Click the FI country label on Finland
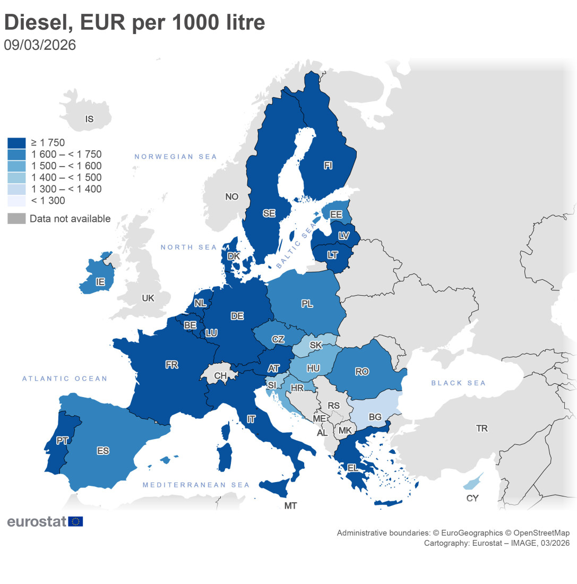click(328, 166)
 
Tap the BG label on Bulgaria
click(375, 417)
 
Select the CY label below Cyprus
click(472, 498)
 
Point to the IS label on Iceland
click(89, 119)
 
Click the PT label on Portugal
click(62, 441)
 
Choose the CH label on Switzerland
click(220, 376)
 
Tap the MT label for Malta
click(290, 505)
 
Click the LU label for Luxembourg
click(211, 333)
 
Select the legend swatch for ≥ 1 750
click(16, 143)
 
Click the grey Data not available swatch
click(16, 219)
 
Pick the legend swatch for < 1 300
click(16, 201)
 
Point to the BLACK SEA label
click(458, 383)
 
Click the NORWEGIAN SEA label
click(176, 157)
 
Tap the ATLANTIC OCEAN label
click(64, 379)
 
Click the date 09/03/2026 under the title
click(40, 45)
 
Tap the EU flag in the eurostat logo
click(75, 521)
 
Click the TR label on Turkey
click(481, 428)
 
